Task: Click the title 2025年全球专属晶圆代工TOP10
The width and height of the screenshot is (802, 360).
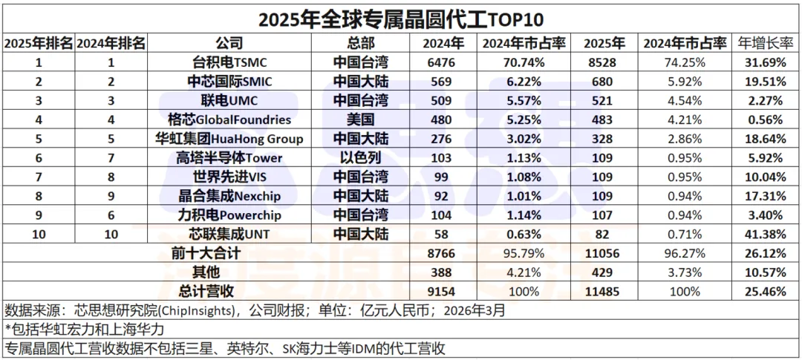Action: coord(401,16)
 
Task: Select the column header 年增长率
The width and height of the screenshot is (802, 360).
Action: coord(767,42)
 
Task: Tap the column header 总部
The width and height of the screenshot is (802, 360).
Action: coord(360,42)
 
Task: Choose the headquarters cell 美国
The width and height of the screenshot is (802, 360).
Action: coord(360,119)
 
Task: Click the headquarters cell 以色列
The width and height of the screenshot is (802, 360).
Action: coord(360,157)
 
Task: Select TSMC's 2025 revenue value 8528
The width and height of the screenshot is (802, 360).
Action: coord(601,62)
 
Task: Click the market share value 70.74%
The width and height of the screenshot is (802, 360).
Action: coord(524,62)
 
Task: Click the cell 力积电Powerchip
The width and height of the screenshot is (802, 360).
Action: coord(229,215)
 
